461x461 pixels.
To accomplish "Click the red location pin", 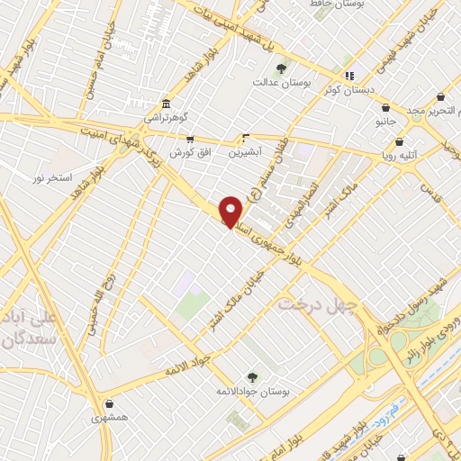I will click(231, 211).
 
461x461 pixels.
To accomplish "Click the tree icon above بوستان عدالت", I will click(281, 68).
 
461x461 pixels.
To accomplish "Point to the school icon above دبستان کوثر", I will click(349, 75).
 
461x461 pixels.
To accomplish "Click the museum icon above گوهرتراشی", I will click(165, 103).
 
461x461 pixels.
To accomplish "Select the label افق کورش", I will click(190, 153).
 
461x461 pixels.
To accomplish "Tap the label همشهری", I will click(109, 419).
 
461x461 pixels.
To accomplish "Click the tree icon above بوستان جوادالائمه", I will click(251, 378).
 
